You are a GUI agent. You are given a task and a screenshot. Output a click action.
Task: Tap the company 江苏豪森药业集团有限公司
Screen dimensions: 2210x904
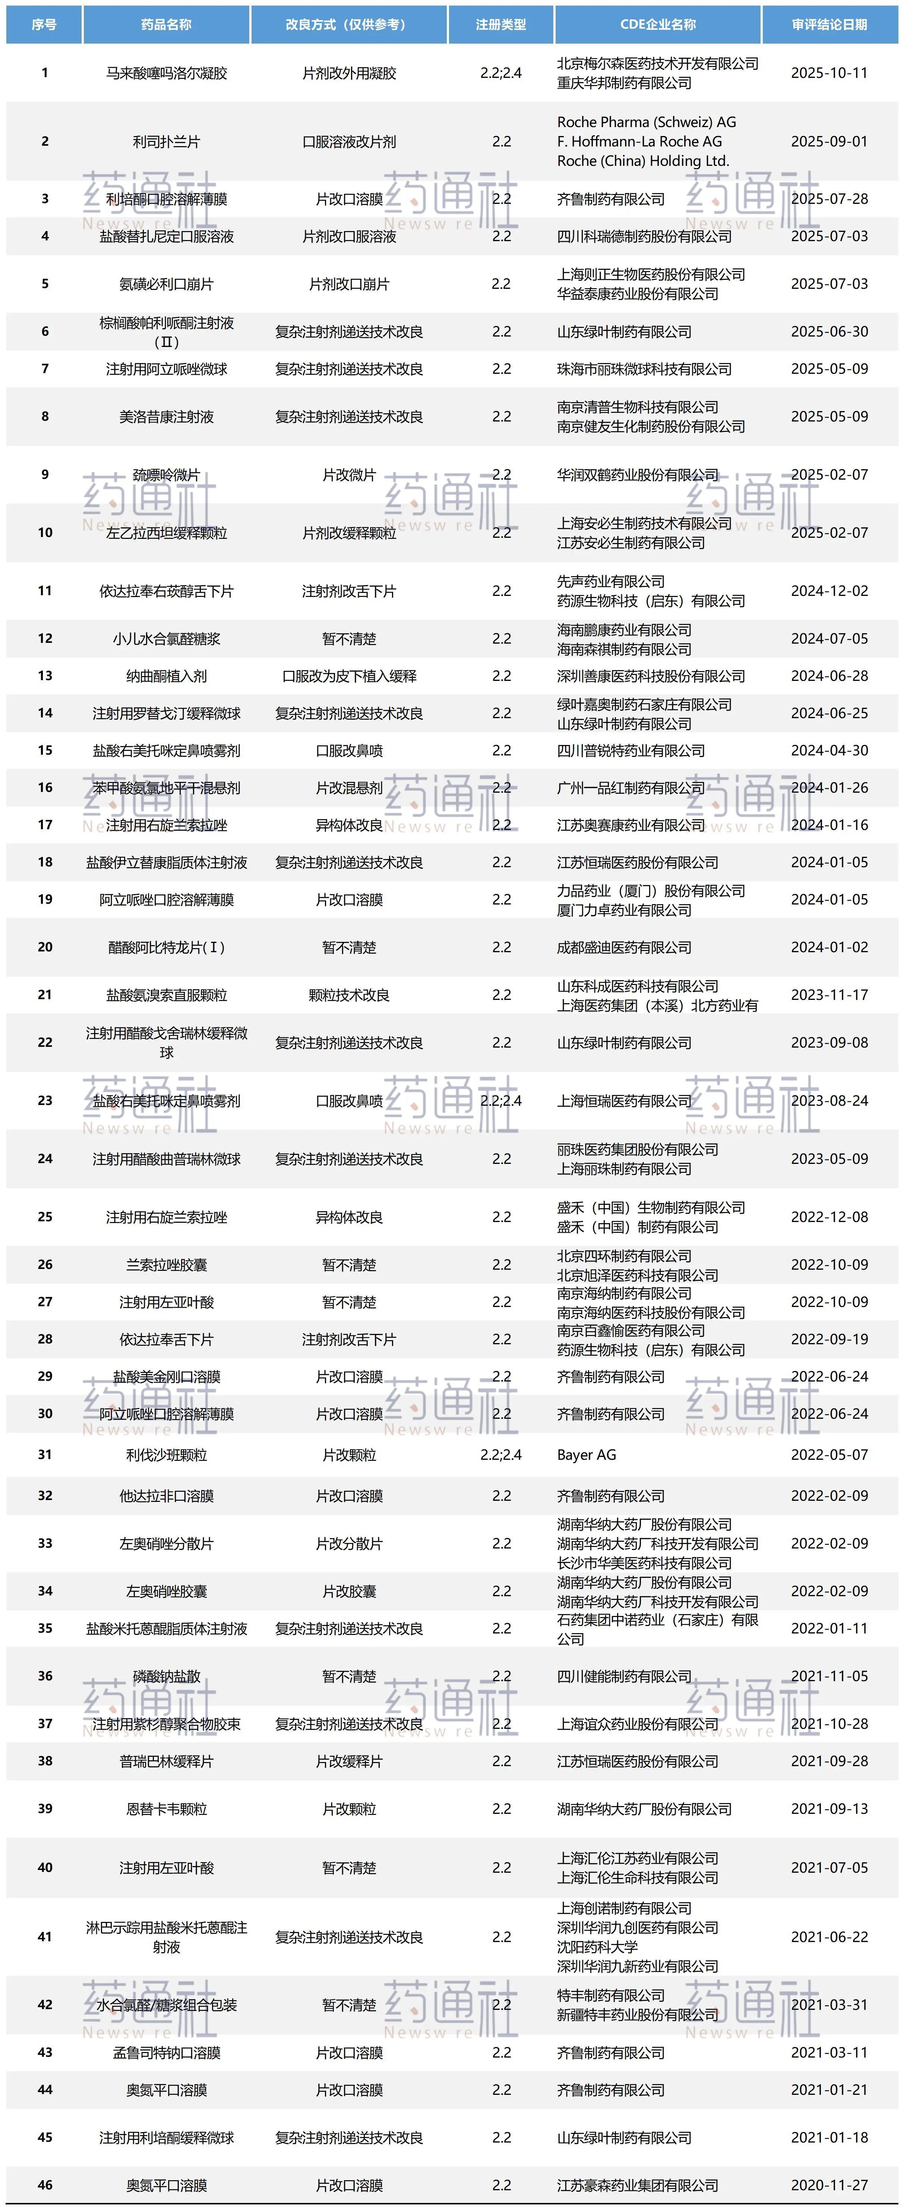tap(637, 2185)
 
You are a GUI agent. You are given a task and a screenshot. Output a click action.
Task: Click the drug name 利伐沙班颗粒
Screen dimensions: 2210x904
tap(167, 1455)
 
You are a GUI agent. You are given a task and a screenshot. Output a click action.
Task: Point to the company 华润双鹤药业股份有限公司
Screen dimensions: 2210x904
tap(637, 474)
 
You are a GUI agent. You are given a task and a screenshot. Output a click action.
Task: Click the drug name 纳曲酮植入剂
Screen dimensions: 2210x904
tap(167, 676)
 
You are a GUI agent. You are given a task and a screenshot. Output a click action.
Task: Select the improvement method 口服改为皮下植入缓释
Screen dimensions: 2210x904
tap(349, 676)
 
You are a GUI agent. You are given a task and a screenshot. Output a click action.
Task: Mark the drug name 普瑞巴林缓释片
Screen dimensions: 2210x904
tap(167, 1761)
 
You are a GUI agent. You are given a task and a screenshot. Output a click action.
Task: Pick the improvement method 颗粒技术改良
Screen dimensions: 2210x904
tap(349, 995)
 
